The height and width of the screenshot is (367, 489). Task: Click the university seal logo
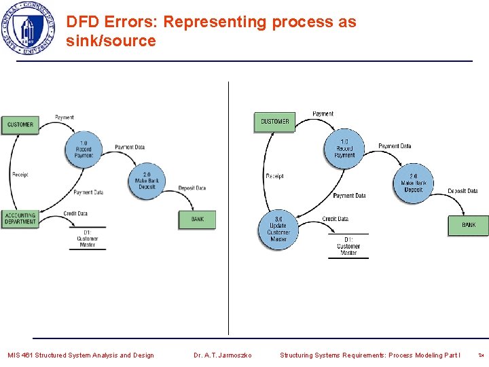pos(28,29)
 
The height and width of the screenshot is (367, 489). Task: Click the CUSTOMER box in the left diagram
pos(20,124)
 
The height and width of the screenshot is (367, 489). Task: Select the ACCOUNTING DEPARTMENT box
pos(20,218)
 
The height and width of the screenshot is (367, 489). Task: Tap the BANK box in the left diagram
pos(197,219)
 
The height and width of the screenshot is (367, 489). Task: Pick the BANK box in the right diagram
pos(468,225)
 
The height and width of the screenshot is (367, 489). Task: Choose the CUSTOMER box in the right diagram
pos(274,122)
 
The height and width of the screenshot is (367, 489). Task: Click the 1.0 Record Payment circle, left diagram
pos(84,147)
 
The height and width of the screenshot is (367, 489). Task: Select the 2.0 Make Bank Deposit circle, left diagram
pos(147,180)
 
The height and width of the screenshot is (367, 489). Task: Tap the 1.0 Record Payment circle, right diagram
pos(344,148)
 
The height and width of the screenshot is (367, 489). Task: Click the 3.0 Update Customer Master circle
pos(278,230)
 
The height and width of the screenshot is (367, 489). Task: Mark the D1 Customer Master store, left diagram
pos(87,239)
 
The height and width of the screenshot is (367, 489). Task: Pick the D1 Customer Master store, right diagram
pos(348,246)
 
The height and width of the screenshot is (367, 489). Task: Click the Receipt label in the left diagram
pos(20,175)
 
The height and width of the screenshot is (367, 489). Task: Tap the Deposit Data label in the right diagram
pos(463,191)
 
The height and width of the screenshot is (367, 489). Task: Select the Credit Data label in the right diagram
pos(335,219)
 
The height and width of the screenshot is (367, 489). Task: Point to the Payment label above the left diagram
pos(64,118)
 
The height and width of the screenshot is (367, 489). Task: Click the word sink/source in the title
pos(111,41)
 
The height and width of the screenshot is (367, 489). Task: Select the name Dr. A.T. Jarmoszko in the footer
pos(222,355)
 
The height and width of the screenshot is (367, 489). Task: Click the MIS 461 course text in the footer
pos(80,355)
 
